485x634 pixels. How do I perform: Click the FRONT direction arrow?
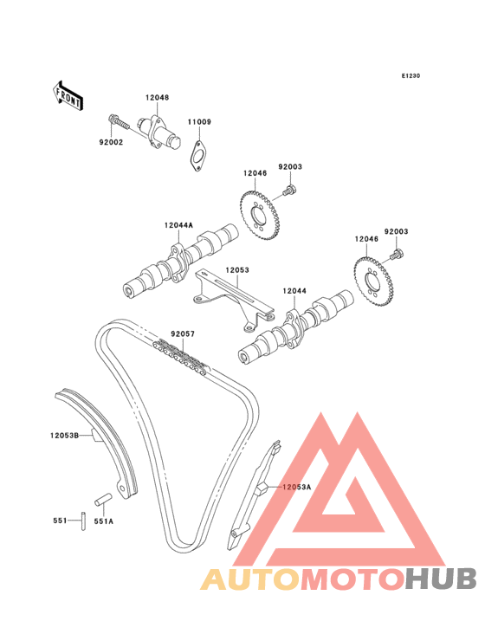coord(68,95)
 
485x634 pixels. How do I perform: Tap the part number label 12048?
coord(158,98)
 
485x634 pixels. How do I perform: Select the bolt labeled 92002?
coord(118,121)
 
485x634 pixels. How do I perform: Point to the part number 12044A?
coord(178,225)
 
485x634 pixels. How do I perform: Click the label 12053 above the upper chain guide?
coord(237,269)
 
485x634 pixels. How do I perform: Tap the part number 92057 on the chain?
coord(183,334)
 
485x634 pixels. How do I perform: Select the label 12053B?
coord(65,436)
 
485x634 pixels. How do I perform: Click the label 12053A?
coord(297,487)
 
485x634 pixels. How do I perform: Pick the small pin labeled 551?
coord(83,521)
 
